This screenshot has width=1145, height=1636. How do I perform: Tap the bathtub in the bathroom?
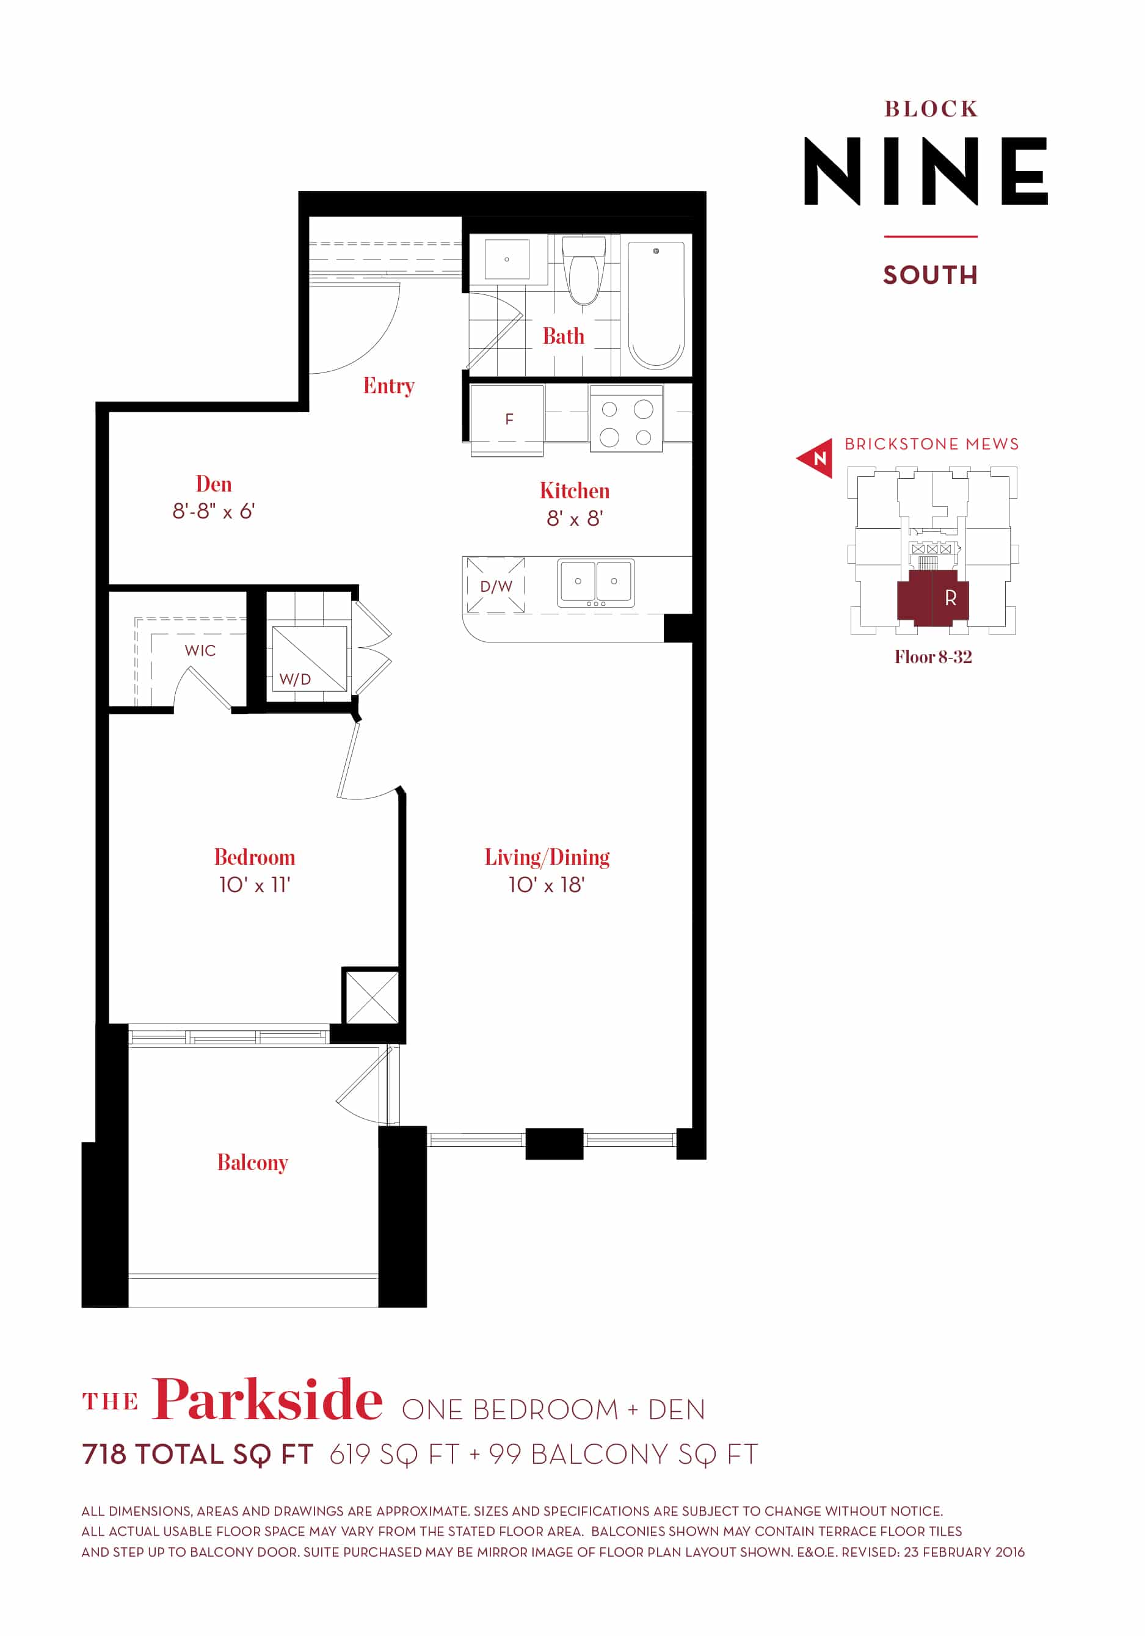[x=655, y=304]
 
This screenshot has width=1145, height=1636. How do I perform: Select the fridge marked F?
[x=509, y=419]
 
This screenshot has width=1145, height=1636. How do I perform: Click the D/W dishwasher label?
[x=496, y=586]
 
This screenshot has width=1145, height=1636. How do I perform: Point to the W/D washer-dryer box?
[x=308, y=659]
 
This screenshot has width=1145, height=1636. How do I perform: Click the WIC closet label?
[x=200, y=650]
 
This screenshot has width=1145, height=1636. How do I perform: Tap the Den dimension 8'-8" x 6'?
[x=213, y=512]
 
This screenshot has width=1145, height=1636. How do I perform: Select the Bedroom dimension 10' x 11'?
[x=255, y=885]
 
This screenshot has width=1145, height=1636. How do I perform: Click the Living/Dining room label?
[x=547, y=857]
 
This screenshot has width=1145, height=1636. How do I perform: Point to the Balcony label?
[x=252, y=1162]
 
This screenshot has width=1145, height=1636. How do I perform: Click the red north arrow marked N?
[x=817, y=457]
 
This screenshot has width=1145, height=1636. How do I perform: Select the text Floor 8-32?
[x=932, y=657]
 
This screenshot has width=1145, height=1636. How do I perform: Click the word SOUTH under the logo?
[x=931, y=275]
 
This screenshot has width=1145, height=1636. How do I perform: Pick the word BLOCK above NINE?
[x=931, y=109]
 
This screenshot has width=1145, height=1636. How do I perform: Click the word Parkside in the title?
[x=267, y=1400]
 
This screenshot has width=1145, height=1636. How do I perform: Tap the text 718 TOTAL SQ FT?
[x=197, y=1454]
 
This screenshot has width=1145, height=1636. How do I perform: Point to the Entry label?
[x=388, y=385]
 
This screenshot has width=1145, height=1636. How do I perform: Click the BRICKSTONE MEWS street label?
[x=931, y=444]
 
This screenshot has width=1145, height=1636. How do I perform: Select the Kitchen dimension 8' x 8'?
[x=574, y=518]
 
